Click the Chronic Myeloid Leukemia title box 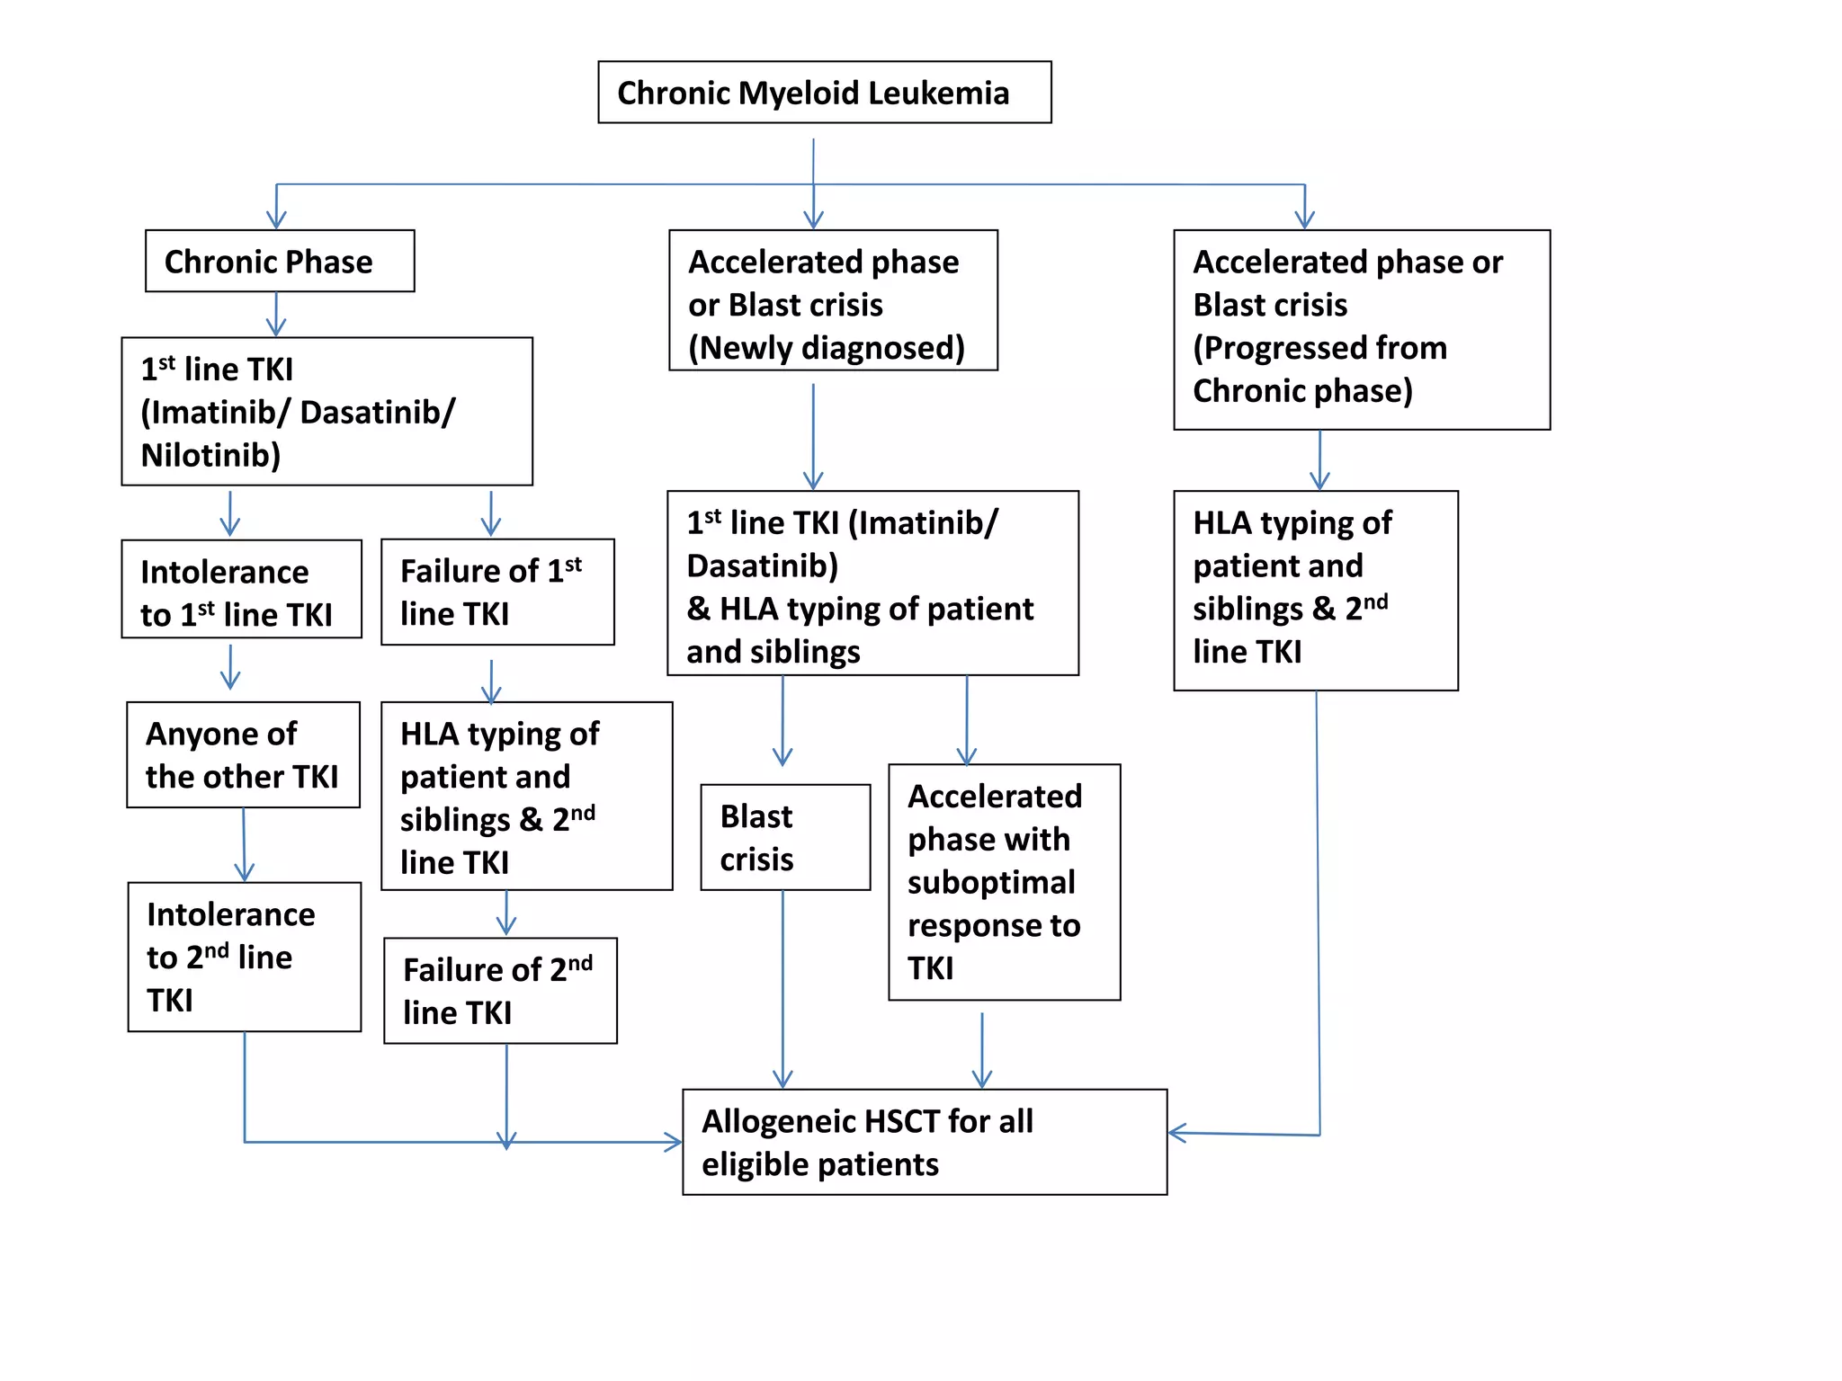pos(824,93)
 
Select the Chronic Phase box pos(280,262)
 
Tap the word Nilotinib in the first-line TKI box pos(210,455)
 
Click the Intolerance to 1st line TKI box pos(241,590)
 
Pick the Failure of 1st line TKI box pos(497,592)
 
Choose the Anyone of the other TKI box pos(243,755)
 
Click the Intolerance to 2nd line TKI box pos(245,957)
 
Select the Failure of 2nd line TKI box pos(500,991)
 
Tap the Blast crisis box pos(785,838)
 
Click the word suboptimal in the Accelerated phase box pos(991,883)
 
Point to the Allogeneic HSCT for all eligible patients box pos(925,1143)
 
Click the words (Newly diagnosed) pos(826,348)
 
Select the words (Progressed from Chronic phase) pos(1319,370)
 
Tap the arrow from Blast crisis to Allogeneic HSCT pos(782,989)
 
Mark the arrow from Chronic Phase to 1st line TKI pos(276,315)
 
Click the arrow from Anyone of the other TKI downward pos(244,845)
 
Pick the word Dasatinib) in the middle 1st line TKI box pos(762,566)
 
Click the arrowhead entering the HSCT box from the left pos(673,1143)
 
